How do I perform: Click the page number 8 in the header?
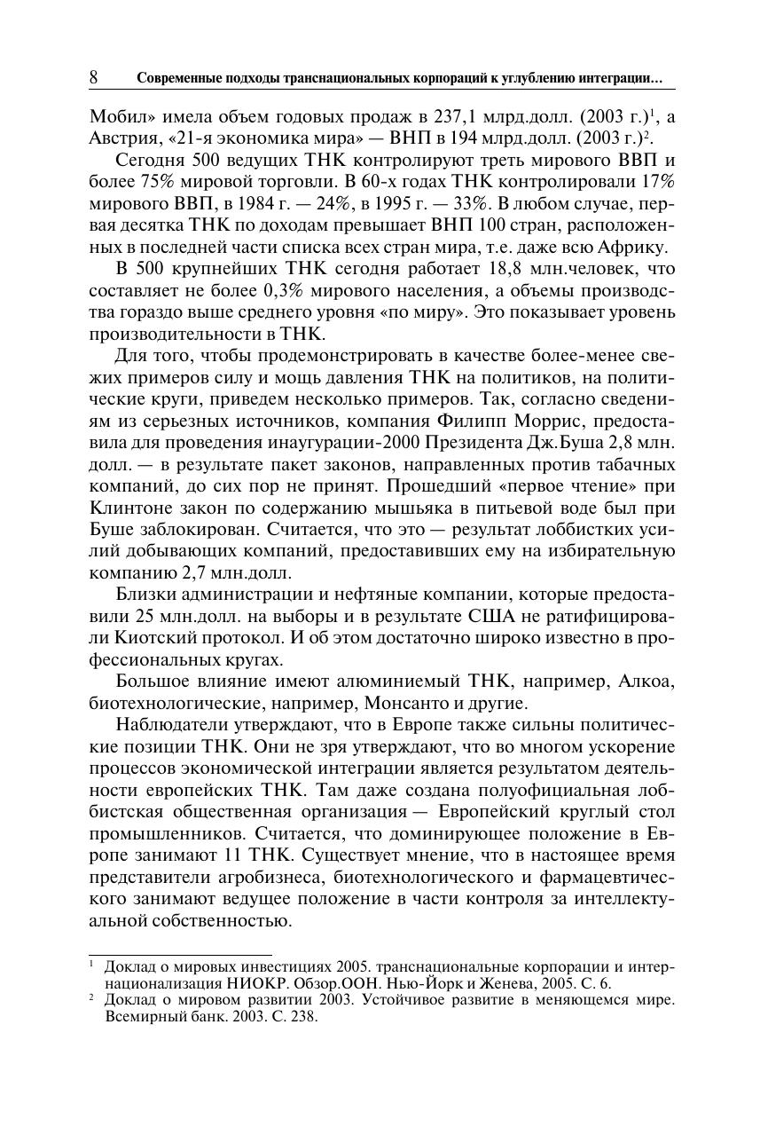(93, 78)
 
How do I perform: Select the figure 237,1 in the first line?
(457, 117)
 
